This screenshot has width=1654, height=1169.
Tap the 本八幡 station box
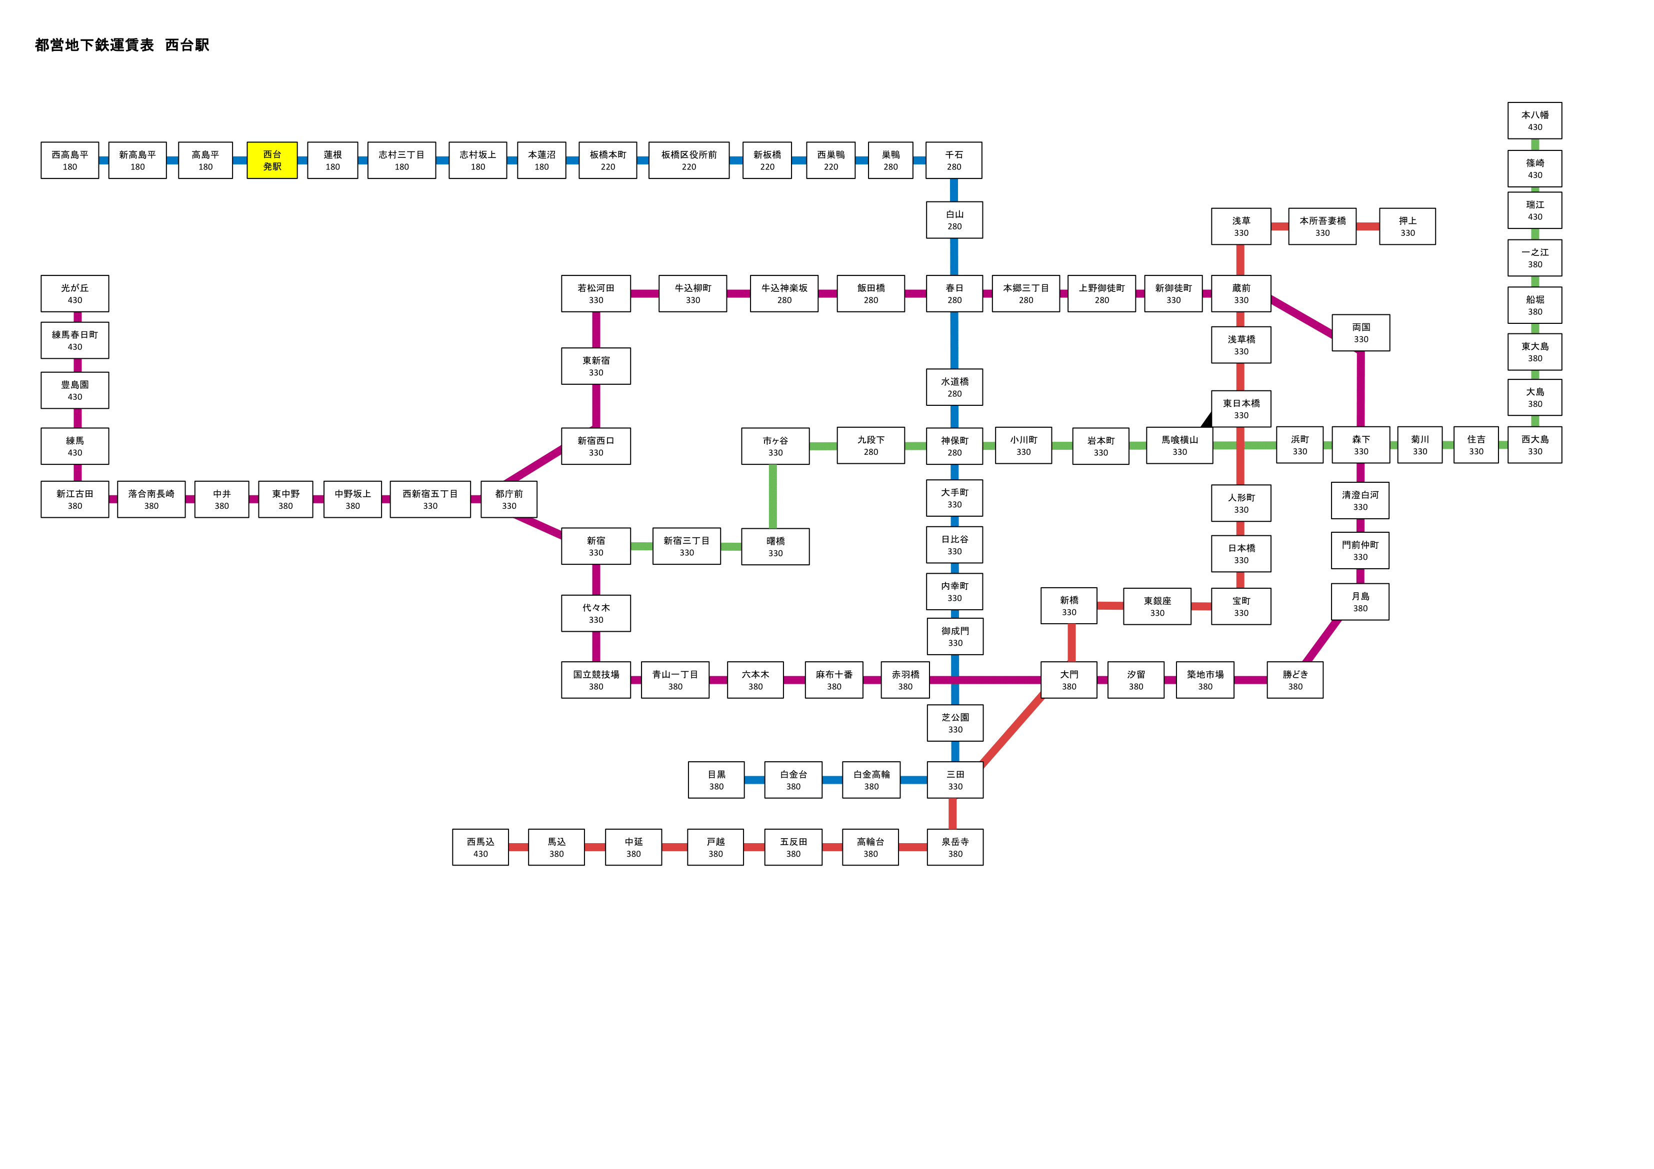coord(1534,120)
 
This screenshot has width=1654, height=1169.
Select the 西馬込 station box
coord(480,847)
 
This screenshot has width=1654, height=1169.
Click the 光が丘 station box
coord(75,293)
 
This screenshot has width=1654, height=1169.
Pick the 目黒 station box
coord(716,780)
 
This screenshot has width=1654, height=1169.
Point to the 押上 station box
coord(1407,226)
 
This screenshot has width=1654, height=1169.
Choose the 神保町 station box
coord(954,446)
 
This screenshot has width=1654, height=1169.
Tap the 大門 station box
coord(1069,680)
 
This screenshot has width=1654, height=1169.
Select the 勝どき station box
coord(1295,680)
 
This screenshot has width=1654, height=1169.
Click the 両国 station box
coord(1361,333)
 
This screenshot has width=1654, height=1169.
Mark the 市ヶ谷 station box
coord(775,446)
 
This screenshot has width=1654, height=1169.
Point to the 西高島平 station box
coord(70,160)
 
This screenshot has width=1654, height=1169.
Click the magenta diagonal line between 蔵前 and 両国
coord(1301,316)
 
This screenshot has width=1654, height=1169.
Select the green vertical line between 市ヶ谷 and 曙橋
coord(773,496)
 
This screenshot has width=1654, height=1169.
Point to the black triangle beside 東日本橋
coord(1206,419)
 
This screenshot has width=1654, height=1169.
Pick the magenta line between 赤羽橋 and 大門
coord(985,680)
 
